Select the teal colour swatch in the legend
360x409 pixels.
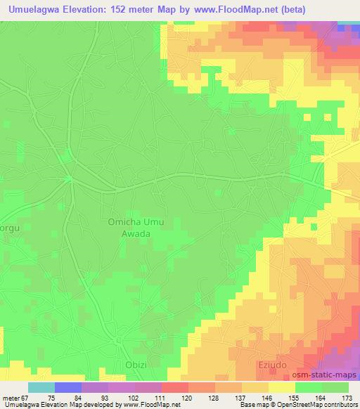(x=41, y=387)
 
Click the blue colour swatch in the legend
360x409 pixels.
(x=67, y=387)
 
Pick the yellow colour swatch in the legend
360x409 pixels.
(x=282, y=387)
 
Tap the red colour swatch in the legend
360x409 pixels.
(x=174, y=387)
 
